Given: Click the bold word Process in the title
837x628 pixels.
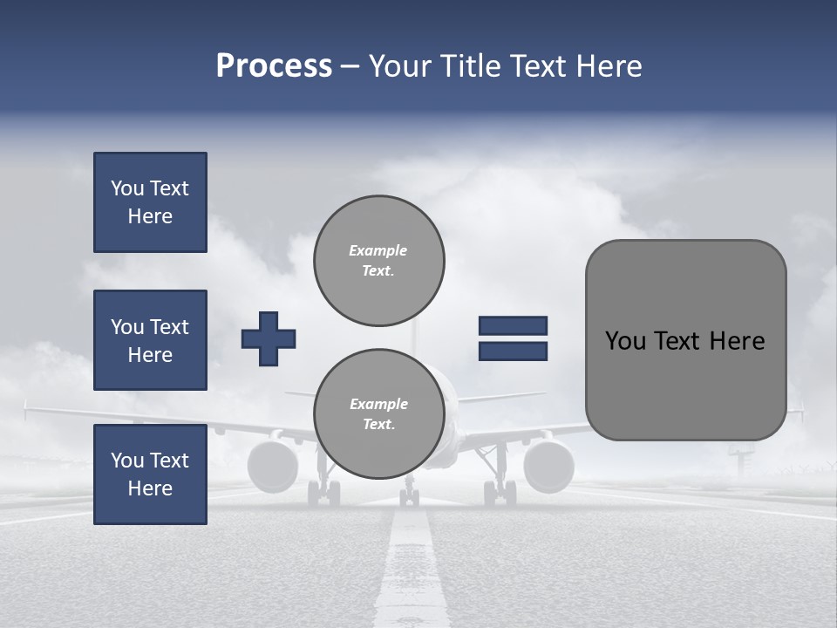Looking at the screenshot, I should [274, 66].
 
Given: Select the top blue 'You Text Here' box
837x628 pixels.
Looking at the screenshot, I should [150, 202].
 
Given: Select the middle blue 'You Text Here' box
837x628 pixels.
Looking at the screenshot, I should [150, 340].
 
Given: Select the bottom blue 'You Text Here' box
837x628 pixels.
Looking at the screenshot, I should [150, 474].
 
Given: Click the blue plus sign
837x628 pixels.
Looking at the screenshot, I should [269, 338].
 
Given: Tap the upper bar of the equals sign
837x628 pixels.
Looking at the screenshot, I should [513, 325].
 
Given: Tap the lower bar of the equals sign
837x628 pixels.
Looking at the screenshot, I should [513, 352].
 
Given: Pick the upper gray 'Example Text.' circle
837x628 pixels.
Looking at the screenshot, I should [378, 260].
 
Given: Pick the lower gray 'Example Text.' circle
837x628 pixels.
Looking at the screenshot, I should [378, 413].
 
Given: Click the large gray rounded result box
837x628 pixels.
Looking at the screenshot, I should [685, 340].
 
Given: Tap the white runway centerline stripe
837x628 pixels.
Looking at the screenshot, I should [410, 567].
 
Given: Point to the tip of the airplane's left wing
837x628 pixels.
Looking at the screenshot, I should [28, 406].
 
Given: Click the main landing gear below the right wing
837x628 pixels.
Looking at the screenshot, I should [500, 490].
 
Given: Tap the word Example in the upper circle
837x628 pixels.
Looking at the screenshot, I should [378, 250].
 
